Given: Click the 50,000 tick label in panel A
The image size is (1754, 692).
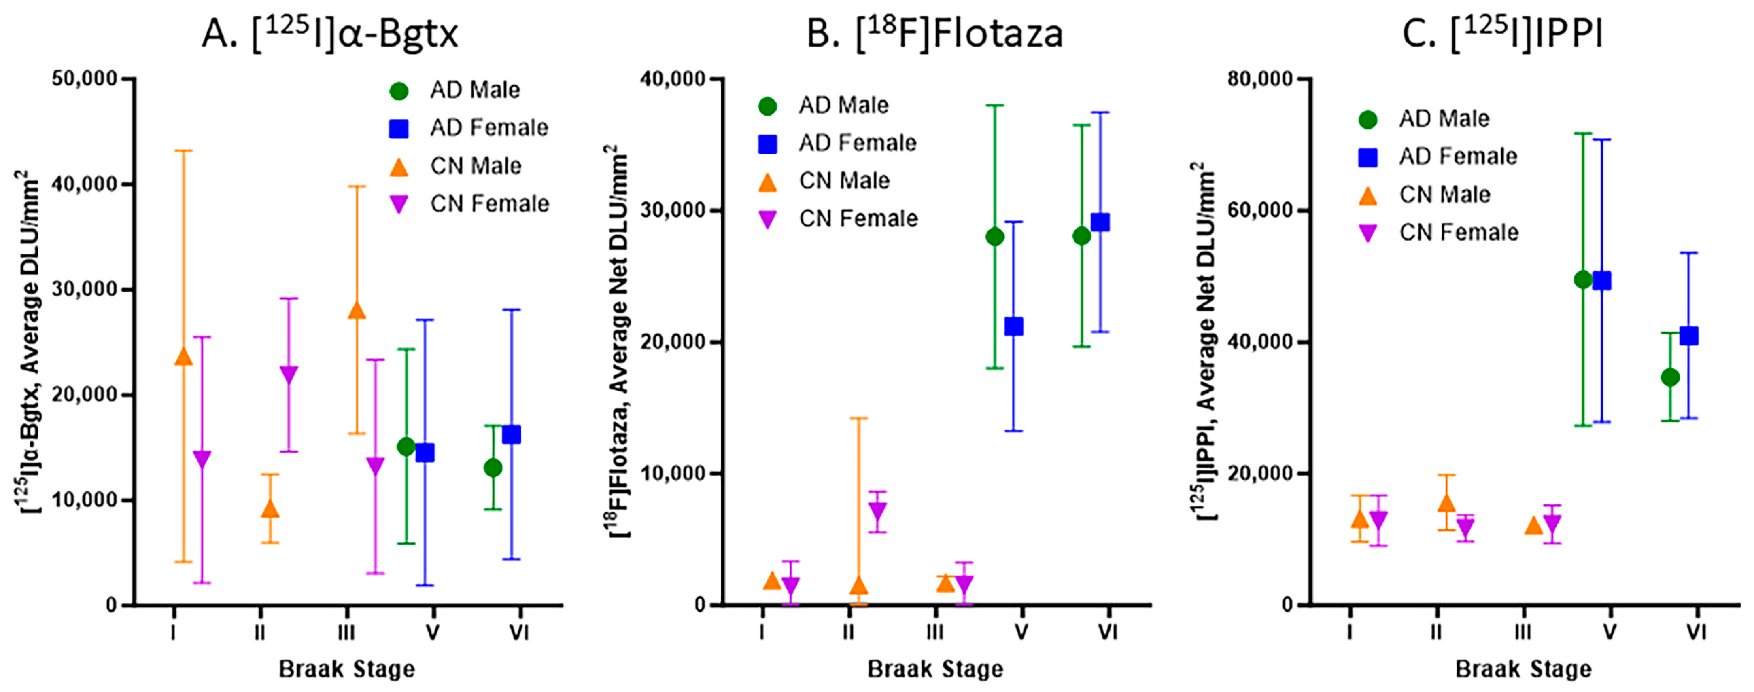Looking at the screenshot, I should pyautogui.click(x=85, y=79).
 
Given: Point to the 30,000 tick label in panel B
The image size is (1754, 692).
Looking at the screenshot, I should pyautogui.click(x=673, y=210).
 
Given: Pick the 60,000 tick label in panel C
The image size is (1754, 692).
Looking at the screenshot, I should pyautogui.click(x=1260, y=210).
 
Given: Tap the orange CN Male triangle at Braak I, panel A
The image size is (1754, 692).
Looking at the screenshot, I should pyautogui.click(x=183, y=357).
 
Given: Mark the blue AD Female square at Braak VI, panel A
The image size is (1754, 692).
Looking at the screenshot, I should pyautogui.click(x=512, y=434).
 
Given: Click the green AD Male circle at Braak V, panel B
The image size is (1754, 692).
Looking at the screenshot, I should pyautogui.click(x=995, y=237).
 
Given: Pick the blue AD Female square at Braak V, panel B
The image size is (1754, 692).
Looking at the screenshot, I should pyautogui.click(x=1014, y=327).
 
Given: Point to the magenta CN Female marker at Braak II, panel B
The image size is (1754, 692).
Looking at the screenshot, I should pyautogui.click(x=878, y=510).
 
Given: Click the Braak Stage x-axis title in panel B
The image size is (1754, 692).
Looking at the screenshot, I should pyautogui.click(x=935, y=669).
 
